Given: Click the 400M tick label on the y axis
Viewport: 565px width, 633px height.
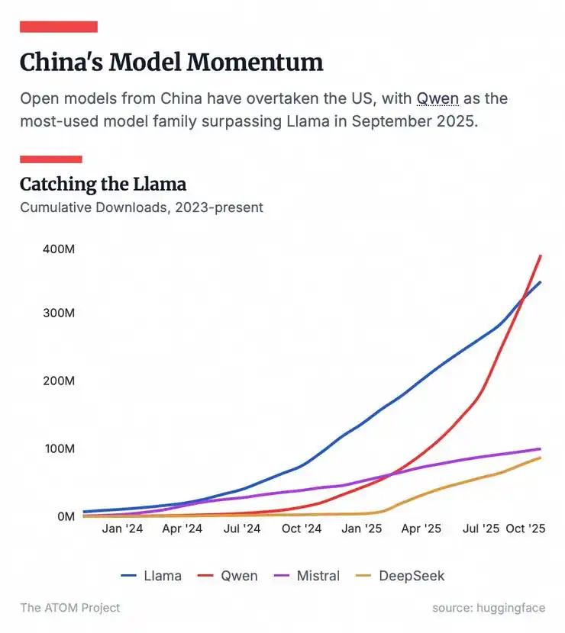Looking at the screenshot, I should point(59,249).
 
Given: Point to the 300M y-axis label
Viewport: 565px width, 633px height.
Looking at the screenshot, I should point(59,313).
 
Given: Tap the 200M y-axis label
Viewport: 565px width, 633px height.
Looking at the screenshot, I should point(59,381).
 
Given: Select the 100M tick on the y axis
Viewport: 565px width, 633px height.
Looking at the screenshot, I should point(59,448).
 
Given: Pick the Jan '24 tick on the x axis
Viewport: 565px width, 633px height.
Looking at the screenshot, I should point(122,529).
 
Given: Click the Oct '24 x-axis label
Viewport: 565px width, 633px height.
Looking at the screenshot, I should point(302,529).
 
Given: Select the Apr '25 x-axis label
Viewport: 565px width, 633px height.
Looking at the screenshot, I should point(421,529).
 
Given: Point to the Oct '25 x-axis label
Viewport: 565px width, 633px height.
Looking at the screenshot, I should point(526,529).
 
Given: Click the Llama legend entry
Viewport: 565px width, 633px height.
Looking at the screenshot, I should point(152,576).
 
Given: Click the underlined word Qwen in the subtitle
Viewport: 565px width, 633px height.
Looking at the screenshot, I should point(437,99).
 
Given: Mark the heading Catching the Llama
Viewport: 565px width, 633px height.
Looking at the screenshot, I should point(103,184).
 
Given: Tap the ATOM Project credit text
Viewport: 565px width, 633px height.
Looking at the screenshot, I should point(69,608).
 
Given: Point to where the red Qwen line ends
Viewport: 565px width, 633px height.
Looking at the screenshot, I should point(541,255).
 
